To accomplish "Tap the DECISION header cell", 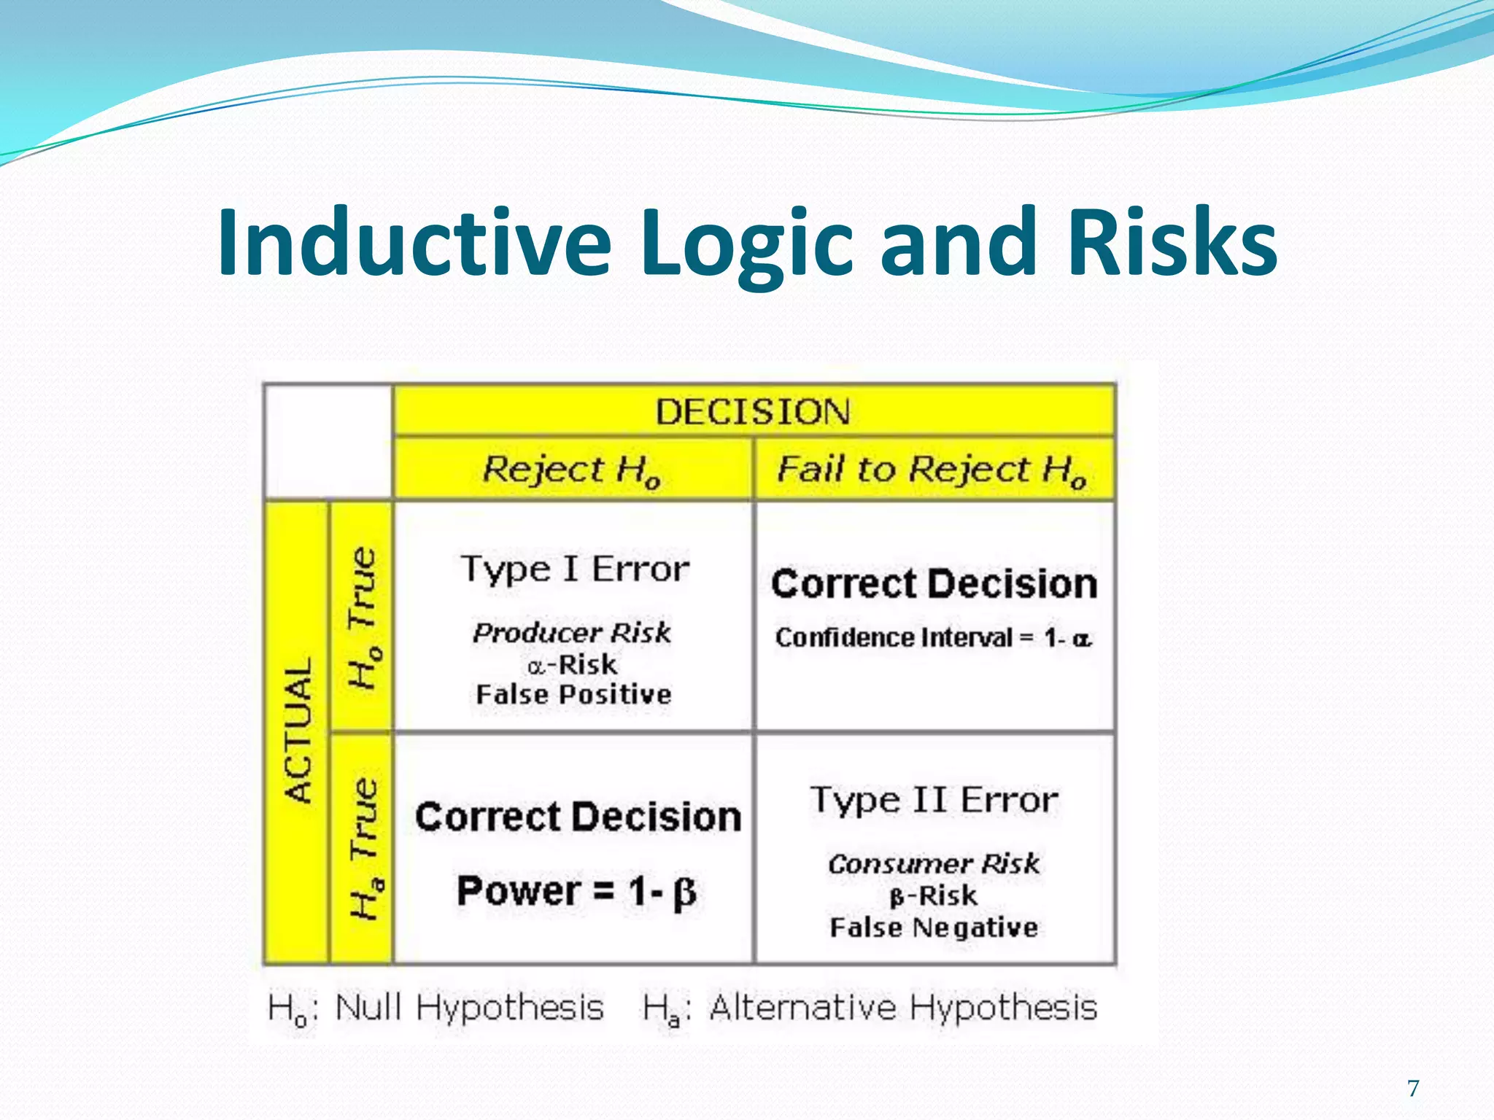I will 753,412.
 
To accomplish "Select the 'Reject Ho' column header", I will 572,470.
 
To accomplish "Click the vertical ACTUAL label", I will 298,731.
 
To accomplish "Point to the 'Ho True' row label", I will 363,617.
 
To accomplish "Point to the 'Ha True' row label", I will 363,847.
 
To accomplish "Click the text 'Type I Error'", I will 575,569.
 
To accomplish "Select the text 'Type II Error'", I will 934,801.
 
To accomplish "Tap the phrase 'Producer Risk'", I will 572,632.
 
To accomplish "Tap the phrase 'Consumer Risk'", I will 934,864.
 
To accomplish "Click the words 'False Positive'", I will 573,694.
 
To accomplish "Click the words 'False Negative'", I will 934,927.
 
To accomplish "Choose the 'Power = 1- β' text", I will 576,891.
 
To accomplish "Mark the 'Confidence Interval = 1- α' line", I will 934,638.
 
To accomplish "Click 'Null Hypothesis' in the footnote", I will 468,1008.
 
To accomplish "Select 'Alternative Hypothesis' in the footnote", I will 903,1008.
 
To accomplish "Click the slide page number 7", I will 1413,1089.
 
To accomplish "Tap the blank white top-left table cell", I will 328,442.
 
